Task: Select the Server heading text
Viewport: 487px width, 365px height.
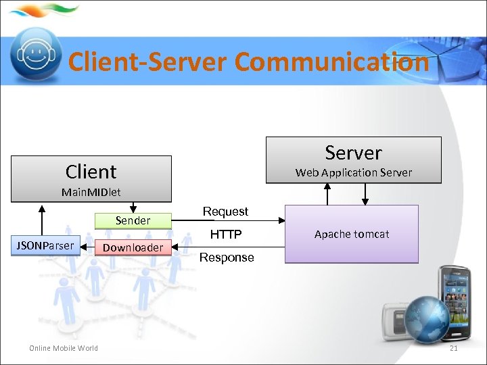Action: pyautogui.click(x=353, y=153)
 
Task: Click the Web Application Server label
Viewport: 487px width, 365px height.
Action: pyautogui.click(x=353, y=172)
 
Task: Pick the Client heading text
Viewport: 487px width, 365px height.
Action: pyautogui.click(x=91, y=172)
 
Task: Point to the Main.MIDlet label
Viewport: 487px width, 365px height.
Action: pyautogui.click(x=91, y=192)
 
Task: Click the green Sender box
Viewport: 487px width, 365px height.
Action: pyautogui.click(x=133, y=220)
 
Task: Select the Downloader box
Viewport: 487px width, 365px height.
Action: pyautogui.click(x=133, y=247)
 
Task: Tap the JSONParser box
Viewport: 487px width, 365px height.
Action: pyautogui.click(x=45, y=245)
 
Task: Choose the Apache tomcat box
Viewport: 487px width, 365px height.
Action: pyautogui.click(x=351, y=234)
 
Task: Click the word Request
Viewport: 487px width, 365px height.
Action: pyautogui.click(x=225, y=212)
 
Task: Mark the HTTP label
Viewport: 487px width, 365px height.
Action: pyautogui.click(x=225, y=235)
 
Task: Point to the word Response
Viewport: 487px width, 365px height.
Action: pyautogui.click(x=227, y=258)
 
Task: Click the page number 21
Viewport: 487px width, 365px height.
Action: pyautogui.click(x=454, y=348)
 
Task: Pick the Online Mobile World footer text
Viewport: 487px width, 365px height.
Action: pyautogui.click(x=63, y=348)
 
